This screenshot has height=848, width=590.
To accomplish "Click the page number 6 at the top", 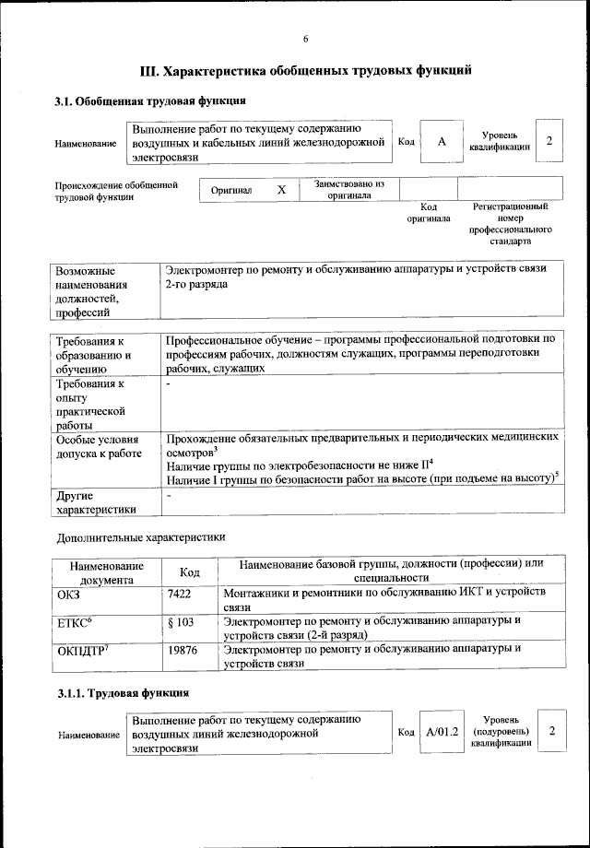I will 305,38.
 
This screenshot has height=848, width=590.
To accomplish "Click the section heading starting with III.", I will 305,70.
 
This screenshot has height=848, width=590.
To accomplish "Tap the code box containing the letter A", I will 442,141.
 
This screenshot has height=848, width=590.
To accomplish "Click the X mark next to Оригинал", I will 282,189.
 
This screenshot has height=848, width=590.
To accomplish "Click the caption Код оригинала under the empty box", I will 428,213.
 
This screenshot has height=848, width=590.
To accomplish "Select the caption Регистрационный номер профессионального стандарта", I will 510,224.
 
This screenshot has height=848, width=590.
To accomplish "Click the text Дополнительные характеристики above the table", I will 141,536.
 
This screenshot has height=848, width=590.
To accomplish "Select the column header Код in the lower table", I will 189,572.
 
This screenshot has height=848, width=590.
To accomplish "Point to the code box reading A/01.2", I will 442,731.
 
